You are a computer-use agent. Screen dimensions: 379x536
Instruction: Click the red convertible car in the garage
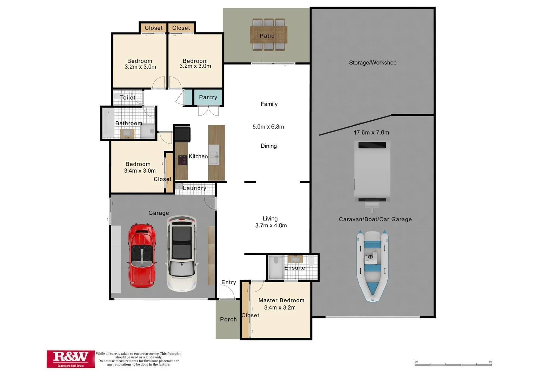[x=142, y=255]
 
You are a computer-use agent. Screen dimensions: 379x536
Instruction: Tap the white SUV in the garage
[x=181, y=253]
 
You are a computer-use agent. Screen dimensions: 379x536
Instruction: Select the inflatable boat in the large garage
[x=372, y=265]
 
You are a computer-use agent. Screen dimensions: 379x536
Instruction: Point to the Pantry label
[x=208, y=97]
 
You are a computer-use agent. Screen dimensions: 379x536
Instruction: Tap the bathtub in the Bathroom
[x=108, y=123]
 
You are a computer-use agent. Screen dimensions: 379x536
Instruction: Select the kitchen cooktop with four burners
[x=182, y=160]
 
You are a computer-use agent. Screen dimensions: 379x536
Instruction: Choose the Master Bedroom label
[x=281, y=300]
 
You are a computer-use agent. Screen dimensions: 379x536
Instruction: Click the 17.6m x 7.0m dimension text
[x=371, y=133]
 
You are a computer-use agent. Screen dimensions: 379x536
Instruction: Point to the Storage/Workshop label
[x=373, y=63]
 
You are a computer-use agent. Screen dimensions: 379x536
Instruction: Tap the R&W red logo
[x=71, y=359]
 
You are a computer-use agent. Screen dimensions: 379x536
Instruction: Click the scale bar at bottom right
[x=453, y=364]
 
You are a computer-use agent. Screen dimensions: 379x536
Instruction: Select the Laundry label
[x=195, y=188]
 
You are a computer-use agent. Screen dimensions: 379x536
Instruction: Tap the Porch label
[x=228, y=319]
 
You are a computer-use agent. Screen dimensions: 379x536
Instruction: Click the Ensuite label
[x=294, y=268]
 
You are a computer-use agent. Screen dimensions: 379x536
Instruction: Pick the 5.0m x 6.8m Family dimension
[x=268, y=127]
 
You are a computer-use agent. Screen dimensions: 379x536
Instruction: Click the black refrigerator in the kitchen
[x=182, y=134]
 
